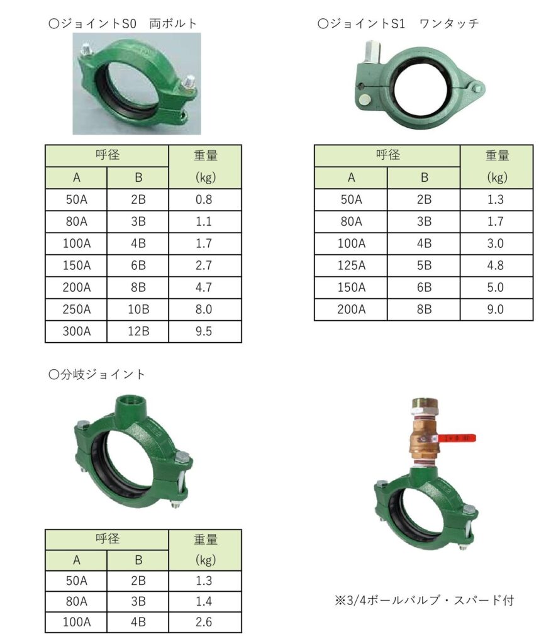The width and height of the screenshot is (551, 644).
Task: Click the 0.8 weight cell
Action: (204, 200)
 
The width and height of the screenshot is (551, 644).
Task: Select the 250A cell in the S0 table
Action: (76, 309)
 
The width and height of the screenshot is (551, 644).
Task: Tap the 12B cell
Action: (138, 331)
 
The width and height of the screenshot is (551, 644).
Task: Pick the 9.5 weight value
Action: (204, 331)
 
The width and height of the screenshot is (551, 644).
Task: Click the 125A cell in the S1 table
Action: (351, 266)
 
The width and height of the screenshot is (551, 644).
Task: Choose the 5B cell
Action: (423, 266)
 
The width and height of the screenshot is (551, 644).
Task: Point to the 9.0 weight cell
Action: (496, 309)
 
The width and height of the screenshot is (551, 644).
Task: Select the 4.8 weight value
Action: (496, 266)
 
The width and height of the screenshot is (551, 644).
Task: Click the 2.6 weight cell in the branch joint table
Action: (204, 622)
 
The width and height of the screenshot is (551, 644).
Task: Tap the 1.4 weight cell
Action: (204, 602)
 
